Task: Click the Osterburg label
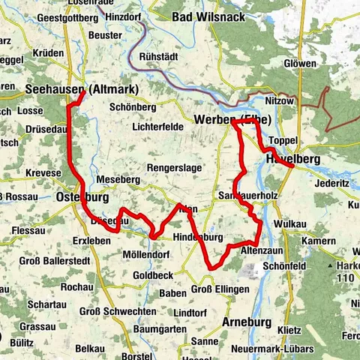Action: tap(82, 198)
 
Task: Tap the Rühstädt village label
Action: tap(163, 53)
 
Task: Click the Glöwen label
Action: tap(300, 64)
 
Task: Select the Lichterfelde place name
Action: tap(157, 127)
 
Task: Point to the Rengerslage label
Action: tap(174, 167)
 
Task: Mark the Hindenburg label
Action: tap(199, 237)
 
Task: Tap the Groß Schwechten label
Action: tap(110, 311)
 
